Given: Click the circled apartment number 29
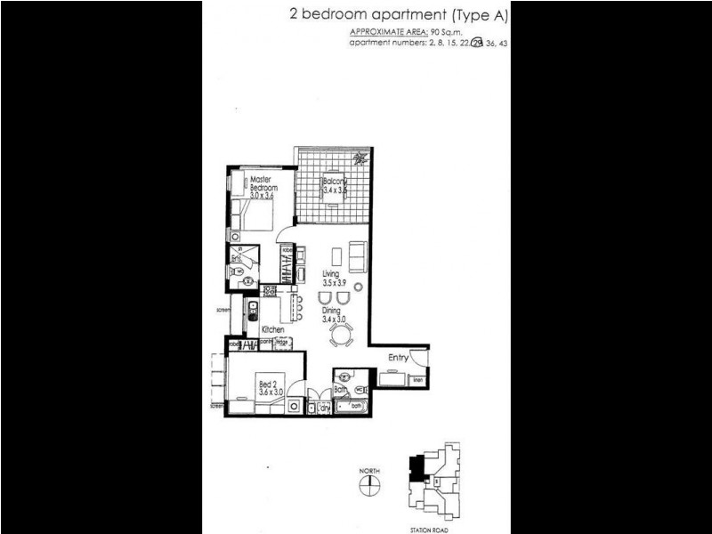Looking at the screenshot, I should click(477, 42).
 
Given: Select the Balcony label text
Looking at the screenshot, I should click(334, 182).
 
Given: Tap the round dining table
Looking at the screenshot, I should click(341, 335).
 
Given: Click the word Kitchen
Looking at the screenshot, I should click(272, 329).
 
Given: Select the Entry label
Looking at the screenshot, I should click(399, 358).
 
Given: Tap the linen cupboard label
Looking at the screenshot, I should click(418, 381).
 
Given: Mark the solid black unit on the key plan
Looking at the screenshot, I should click(416, 466).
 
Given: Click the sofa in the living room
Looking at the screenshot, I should click(358, 256).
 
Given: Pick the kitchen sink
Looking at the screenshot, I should click(252, 311).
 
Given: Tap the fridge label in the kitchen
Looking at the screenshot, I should click(280, 343).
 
